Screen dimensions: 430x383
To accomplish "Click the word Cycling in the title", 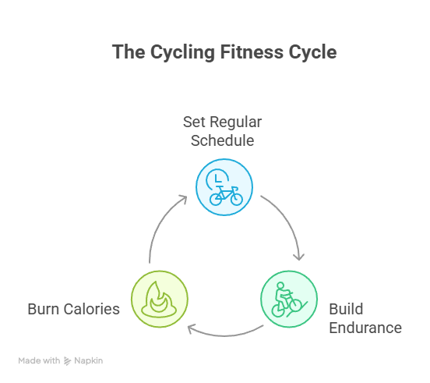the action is pos(182,52).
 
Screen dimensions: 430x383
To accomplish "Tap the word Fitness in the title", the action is pos(252,52).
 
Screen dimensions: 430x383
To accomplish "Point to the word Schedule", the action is pos(223,141).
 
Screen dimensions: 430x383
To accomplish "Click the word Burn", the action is pos(43,309).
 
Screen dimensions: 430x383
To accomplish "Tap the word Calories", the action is pos(92,309).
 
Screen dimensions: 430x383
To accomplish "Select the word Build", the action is pos(346,309).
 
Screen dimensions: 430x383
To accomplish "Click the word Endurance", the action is pos(365,328).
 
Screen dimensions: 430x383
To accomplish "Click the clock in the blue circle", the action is pos(217,179).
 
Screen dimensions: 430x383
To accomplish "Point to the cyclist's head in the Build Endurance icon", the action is pos(280,285).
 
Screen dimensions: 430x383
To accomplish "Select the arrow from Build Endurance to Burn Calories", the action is pos(225,335).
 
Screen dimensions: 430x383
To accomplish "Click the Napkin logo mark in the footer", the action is pos(67,360).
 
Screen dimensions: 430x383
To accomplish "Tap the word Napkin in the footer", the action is pos(89,361).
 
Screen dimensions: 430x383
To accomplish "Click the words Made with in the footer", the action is pos(39,360).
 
